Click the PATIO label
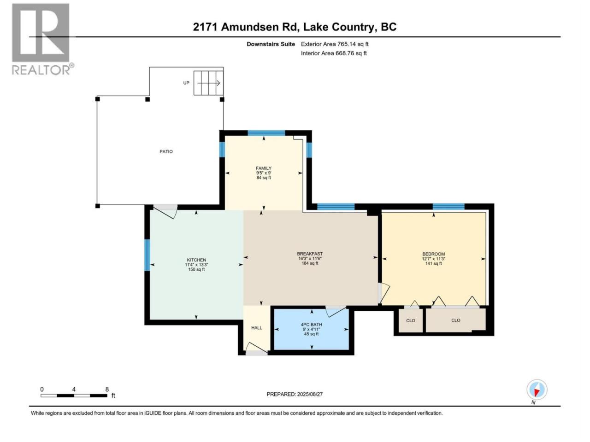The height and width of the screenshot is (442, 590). tap(166, 151)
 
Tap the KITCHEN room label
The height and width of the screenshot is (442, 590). tap(196, 260)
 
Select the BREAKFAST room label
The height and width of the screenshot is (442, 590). tap(310, 254)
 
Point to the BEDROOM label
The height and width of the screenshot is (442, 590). tap(433, 254)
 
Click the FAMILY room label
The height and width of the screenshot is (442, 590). tap(263, 168)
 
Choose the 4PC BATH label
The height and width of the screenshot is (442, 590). tap(311, 325)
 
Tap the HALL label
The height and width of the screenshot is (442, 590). tap(256, 328)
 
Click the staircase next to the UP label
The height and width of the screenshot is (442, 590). tap(208, 83)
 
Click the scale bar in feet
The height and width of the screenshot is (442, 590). tap(74, 395)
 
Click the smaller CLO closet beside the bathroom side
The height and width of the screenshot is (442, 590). tap(410, 320)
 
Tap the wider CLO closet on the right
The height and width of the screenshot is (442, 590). tap(455, 320)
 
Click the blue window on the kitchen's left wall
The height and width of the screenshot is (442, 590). tap(147, 255)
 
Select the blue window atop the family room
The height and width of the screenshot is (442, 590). tap(266, 133)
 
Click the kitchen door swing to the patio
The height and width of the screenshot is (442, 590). tap(165, 212)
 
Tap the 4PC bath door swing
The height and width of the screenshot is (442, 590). tap(336, 312)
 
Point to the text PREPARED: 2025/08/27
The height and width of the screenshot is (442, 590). tap(295, 394)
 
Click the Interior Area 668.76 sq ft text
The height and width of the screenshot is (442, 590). tap(334, 53)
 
